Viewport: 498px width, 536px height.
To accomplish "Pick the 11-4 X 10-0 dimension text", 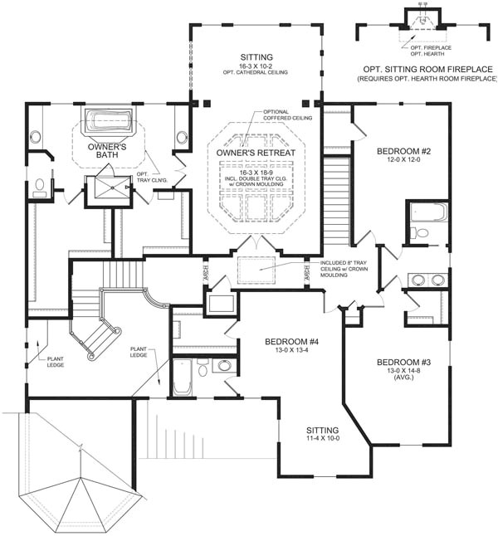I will [x=322, y=439].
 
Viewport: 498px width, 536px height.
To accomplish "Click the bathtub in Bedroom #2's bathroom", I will [x=428, y=213].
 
